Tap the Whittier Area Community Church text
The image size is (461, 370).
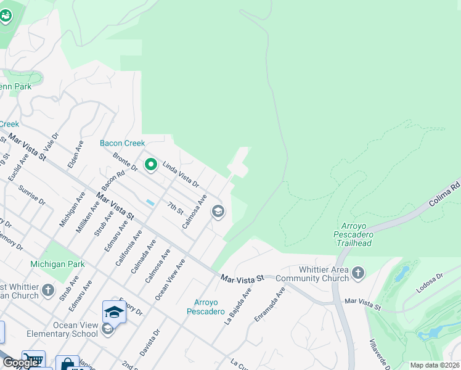pos(312,274)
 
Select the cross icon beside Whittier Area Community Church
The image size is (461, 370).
pos(358,272)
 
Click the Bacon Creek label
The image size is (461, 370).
pos(123,143)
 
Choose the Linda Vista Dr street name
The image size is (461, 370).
pos(181,174)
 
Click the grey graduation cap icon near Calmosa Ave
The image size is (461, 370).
pos(217,212)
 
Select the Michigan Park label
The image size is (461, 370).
pos(57,264)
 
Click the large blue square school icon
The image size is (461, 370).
pos(114,312)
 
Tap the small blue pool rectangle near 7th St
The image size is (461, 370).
pos(150,202)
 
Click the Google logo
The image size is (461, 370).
pos(20,363)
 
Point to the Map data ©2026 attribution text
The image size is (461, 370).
pos(434,365)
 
